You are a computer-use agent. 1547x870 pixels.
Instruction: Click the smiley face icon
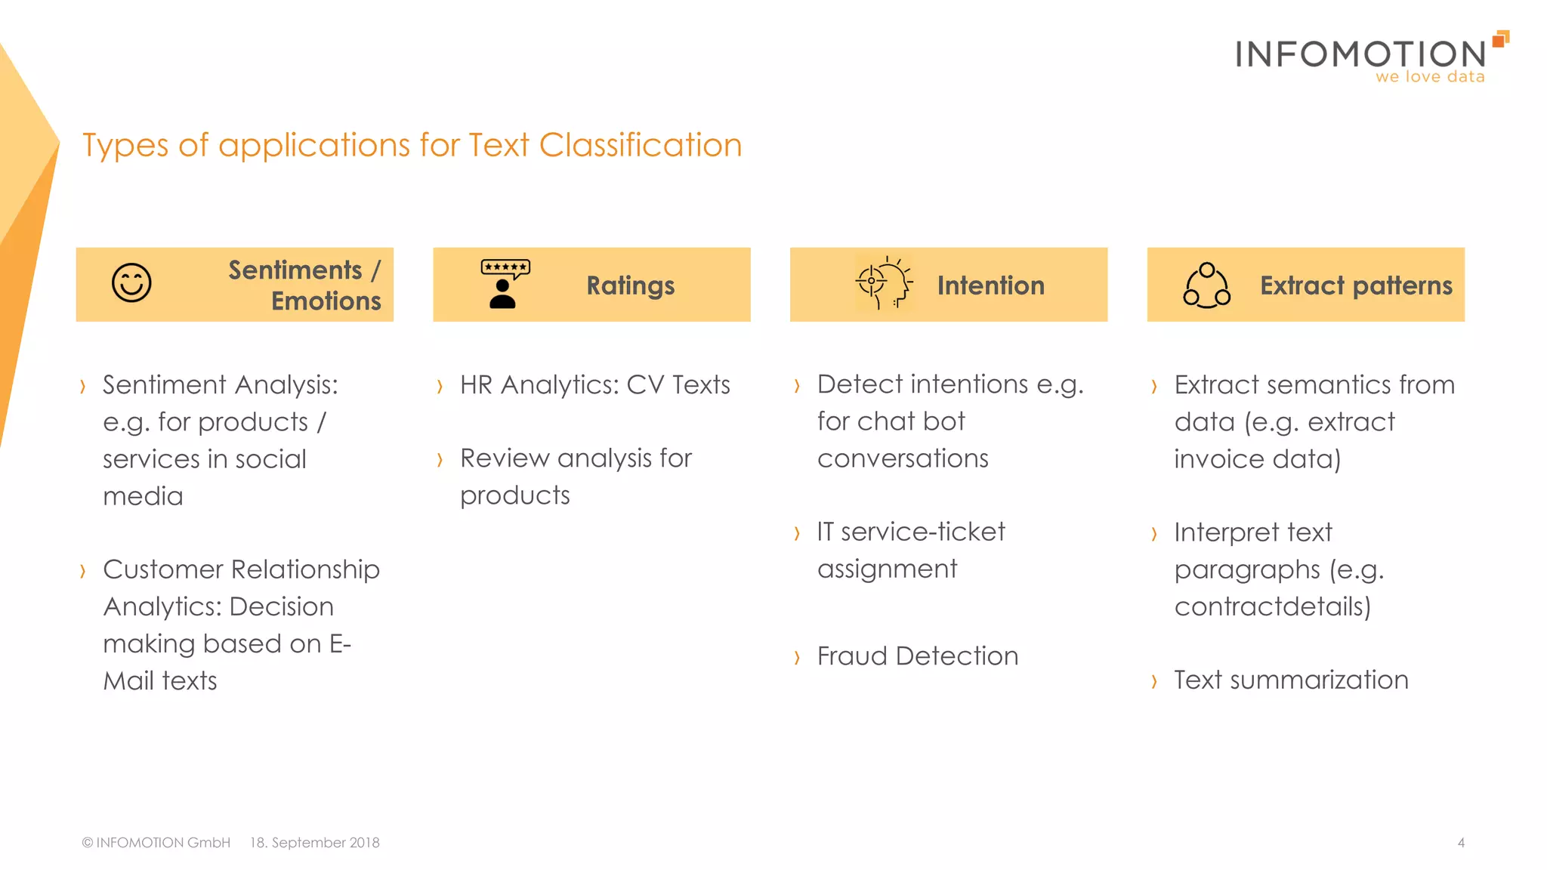coord(131,283)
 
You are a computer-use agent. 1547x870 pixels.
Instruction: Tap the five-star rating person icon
coord(505,284)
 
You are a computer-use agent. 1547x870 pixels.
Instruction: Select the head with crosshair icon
coord(884,283)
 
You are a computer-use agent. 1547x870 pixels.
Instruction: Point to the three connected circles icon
coord(1206,285)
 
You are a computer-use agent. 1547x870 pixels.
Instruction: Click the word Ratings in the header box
coord(631,286)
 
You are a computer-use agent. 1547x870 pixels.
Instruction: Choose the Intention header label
coord(990,285)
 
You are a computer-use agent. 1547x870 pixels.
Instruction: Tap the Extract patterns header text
coord(1356,285)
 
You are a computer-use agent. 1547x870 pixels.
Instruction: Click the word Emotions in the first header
coord(326,301)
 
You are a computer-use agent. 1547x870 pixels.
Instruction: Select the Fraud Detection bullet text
coord(917,656)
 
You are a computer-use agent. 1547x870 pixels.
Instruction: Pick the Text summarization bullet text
coord(1291,680)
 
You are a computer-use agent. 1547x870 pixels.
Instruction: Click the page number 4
coord(1461,843)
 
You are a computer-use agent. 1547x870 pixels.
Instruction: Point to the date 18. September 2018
coord(315,843)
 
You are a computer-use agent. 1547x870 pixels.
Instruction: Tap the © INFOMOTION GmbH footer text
coord(156,843)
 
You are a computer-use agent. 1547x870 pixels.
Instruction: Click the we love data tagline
coord(1430,77)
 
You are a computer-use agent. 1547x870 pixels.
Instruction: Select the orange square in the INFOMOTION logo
coord(1501,39)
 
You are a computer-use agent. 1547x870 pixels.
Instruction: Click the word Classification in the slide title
coord(641,145)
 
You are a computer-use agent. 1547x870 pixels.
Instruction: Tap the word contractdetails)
coord(1272,606)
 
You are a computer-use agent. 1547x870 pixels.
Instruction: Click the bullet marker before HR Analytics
coord(440,387)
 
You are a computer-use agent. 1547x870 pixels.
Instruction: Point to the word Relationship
coord(305,569)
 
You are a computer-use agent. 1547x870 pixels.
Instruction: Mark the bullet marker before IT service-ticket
coord(797,534)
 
